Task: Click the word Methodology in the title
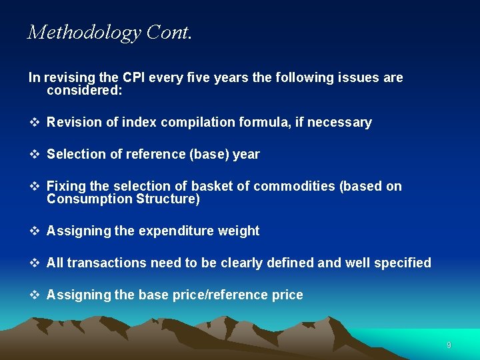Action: [x=83, y=33]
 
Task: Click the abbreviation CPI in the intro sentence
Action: [x=131, y=77]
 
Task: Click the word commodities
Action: [x=295, y=187]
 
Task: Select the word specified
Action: [x=402, y=263]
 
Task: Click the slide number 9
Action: [x=449, y=345]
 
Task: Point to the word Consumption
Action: [x=89, y=199]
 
